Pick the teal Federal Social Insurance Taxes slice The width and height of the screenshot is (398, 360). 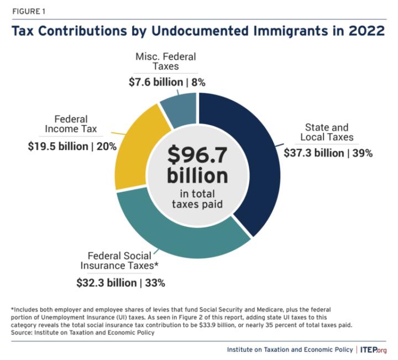pos(182,238)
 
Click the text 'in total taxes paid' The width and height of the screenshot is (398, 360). pos(198,199)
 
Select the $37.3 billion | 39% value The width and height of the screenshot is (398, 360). pos(328,153)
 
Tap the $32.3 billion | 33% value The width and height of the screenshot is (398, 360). pos(121,283)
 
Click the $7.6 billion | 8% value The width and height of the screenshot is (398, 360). pos(166,82)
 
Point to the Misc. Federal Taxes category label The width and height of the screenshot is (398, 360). pos(166,61)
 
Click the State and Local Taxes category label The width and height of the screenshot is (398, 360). pos(329,132)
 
